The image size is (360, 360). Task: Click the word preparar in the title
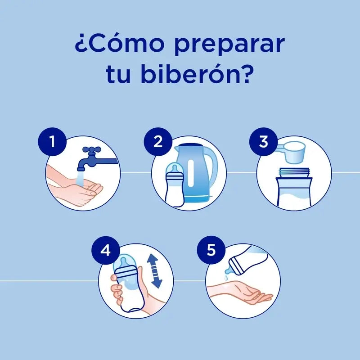click(x=229, y=45)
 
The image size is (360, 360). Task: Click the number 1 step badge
click(x=52, y=141)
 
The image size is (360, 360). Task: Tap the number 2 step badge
click(x=158, y=141)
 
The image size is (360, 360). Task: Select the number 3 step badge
click(x=264, y=141)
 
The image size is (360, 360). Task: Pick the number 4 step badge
click(x=106, y=250)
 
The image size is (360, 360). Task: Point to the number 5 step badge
click(x=211, y=250)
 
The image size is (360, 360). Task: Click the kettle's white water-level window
click(x=191, y=173)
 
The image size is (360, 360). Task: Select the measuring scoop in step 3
click(x=292, y=152)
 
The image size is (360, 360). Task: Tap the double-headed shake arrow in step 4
click(x=154, y=271)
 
